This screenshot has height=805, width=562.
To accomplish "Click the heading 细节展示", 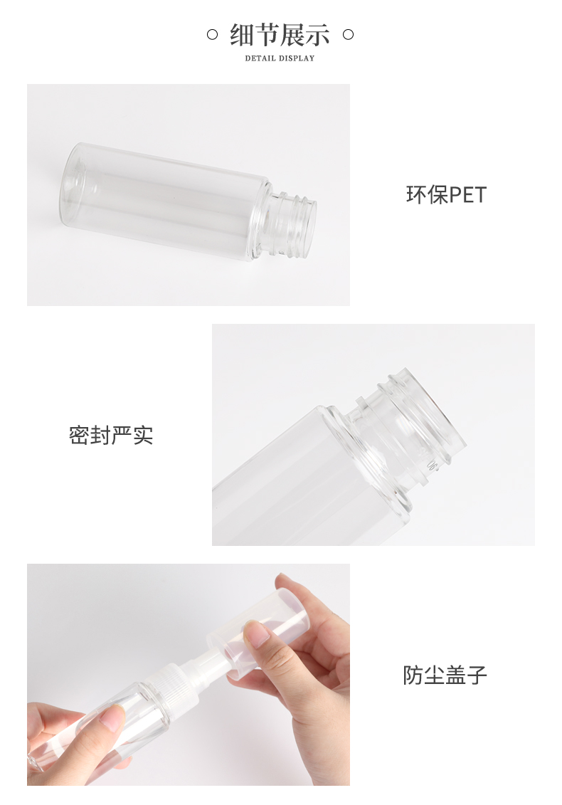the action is pos(280,35).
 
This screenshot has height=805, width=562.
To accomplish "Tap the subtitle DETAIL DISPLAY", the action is pos(280,58).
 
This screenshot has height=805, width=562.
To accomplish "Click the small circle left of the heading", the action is pos(212,35).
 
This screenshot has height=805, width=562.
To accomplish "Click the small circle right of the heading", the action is pos(348,35).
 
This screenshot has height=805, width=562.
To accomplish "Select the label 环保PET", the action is pos(446,195).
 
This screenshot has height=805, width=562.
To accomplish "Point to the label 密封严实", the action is pos(112,436).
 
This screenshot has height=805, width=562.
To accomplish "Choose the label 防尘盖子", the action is pos(445,675).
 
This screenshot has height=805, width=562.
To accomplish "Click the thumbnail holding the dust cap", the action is pos(257,634).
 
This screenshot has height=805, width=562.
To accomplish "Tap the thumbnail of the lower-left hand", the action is pos(112,719).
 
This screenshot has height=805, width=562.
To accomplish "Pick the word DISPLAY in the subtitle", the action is pos(296,58).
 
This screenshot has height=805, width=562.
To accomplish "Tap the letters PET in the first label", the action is pos(467,195).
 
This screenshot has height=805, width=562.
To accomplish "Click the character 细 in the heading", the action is pos(242,35).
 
